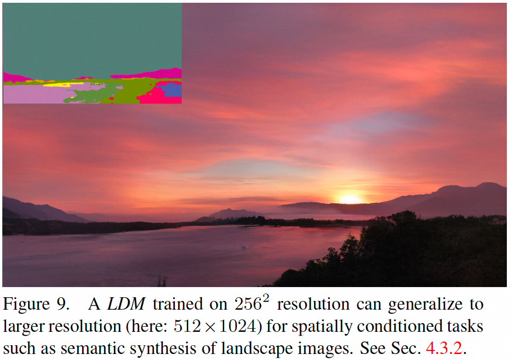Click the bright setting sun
click(x=351, y=199)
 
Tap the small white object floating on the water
click(x=244, y=248)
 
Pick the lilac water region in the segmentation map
click(x=32, y=94)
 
